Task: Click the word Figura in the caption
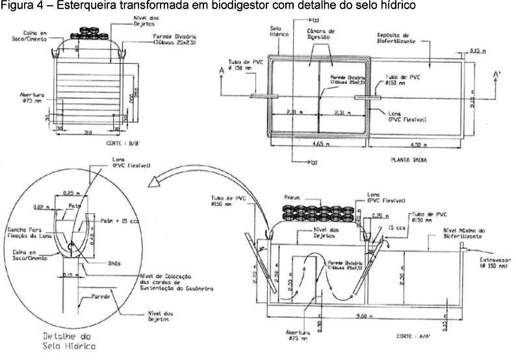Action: tap(14, 6)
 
